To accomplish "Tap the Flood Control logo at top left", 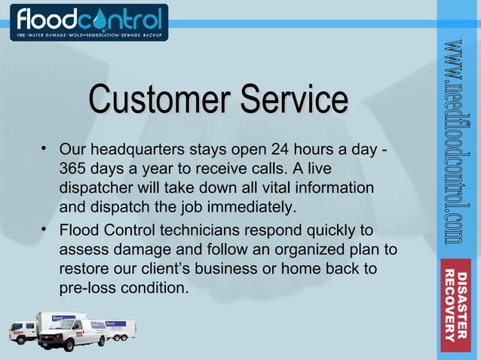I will coord(89,22).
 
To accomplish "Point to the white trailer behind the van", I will coord(117,328).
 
